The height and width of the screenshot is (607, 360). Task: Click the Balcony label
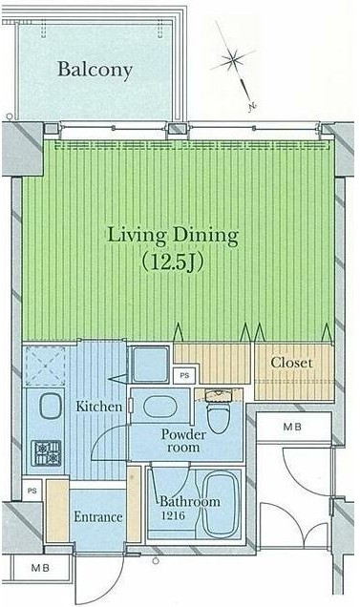coord(95,70)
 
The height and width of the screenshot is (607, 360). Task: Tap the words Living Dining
coord(173,236)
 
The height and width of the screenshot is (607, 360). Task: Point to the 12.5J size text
coord(173,262)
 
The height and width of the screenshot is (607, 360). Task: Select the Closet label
coord(291,363)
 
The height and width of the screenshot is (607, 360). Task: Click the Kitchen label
coord(99,407)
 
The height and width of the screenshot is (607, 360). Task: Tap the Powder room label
coord(183,441)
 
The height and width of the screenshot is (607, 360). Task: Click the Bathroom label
coord(190,502)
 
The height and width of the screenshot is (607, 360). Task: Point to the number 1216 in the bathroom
coord(173,515)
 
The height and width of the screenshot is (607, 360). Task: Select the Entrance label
coord(98,516)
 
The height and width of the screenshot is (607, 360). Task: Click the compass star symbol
coord(232,59)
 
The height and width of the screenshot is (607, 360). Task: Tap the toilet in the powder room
coord(219,411)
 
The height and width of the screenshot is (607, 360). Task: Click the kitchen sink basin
coord(51,406)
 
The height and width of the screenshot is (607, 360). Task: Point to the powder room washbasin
coord(160,407)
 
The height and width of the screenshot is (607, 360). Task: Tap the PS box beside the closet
coord(184,375)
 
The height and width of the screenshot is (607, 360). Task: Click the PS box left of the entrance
coord(32,491)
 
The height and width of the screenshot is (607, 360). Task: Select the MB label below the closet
coord(292,427)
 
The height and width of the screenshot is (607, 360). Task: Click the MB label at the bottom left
coord(41,568)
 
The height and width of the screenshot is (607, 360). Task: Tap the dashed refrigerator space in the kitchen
coord(45,366)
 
